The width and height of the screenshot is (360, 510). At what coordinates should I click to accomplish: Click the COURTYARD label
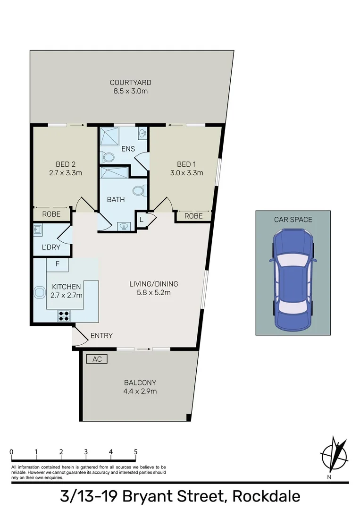(130, 83)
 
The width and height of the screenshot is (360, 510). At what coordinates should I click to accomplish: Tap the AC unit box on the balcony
(97, 359)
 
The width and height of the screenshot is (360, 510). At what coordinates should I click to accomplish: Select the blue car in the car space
(292, 280)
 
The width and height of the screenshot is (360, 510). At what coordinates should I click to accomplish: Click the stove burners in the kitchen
(64, 315)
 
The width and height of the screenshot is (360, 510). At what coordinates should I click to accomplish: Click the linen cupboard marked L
(142, 219)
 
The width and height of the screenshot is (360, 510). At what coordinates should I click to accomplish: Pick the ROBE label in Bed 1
(193, 216)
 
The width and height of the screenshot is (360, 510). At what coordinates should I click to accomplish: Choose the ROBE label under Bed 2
(51, 214)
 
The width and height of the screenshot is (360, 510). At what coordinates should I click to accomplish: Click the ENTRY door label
(101, 336)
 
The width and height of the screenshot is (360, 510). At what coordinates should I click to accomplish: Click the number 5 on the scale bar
(136, 452)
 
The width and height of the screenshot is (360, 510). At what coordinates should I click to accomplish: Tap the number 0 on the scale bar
(11, 452)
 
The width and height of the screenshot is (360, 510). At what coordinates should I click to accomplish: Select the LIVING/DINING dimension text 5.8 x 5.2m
(154, 292)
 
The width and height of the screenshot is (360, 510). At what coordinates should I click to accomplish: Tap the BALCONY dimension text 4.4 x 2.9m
(140, 391)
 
